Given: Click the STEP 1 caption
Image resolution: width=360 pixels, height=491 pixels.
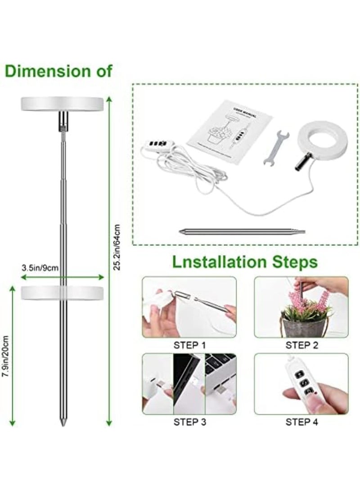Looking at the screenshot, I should click(x=189, y=346).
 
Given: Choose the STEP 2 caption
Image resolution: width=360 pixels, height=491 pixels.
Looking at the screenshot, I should click(x=301, y=346).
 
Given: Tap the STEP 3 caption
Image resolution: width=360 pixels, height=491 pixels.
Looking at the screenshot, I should click(x=189, y=422).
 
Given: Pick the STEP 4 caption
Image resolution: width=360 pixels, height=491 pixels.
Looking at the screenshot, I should click(x=301, y=422).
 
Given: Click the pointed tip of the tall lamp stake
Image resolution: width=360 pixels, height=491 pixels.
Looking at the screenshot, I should click(x=62, y=423).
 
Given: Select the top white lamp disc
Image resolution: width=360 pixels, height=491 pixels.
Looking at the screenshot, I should click(x=62, y=104).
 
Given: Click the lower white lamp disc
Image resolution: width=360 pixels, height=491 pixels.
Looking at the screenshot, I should click(x=62, y=293).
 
